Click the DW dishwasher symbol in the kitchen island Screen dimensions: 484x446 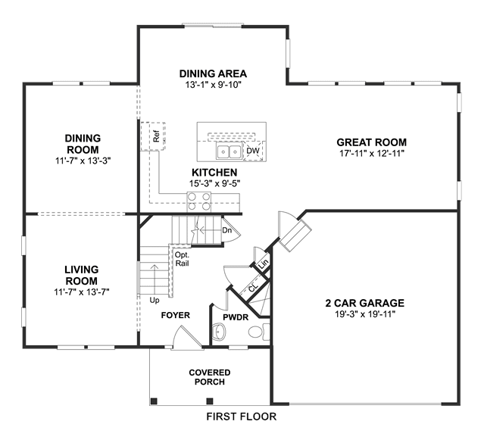253,151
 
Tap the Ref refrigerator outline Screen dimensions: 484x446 153,136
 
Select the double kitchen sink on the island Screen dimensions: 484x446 229,151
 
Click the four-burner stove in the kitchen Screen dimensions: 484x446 199,201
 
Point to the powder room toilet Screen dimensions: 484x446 259,332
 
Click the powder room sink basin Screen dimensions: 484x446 219,332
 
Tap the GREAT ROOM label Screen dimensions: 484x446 372,142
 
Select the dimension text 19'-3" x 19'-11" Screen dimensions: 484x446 365,314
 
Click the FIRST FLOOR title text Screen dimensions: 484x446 242,416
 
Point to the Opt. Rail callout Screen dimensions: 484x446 182,259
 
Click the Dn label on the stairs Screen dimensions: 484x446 227,230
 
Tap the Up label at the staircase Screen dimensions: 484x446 155,300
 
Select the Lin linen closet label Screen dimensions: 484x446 264,264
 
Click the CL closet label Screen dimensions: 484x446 253,288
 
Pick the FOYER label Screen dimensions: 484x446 175,315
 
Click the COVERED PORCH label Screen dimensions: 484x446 210,377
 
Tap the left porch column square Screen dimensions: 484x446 154,401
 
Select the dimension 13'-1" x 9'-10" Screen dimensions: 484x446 213,85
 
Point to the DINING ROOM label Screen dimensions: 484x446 83,144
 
